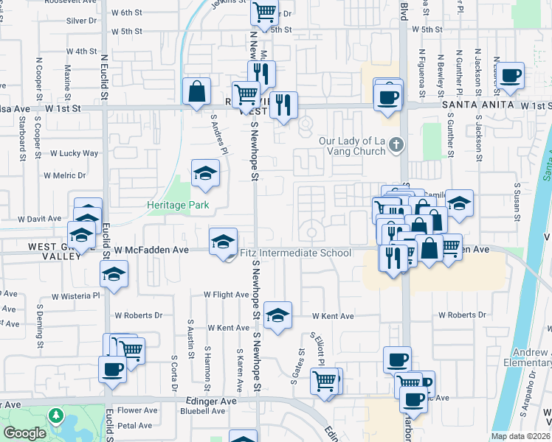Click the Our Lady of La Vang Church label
[352, 146]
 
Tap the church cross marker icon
[397, 144]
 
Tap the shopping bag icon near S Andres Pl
[196, 92]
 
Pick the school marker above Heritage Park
[206, 173]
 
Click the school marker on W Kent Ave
[277, 315]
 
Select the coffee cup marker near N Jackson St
[510, 75]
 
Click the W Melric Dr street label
[64, 175]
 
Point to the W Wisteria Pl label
[75, 296]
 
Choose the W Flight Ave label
[227, 295]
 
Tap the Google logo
[24, 433]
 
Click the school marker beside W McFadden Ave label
[223, 242]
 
